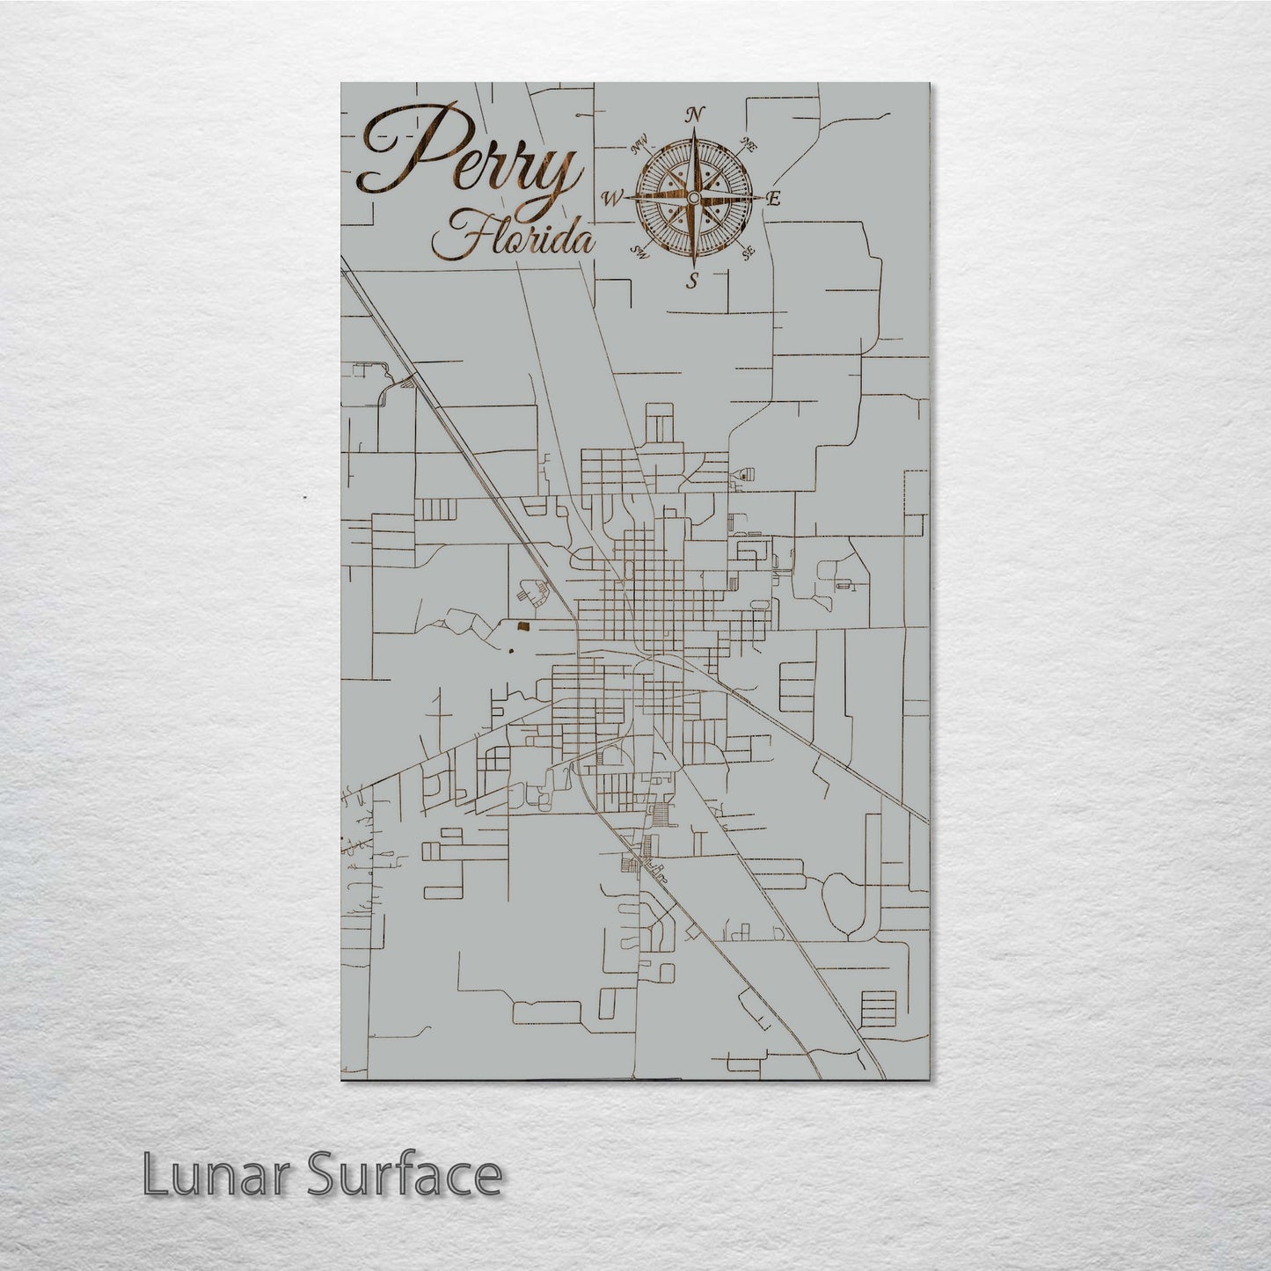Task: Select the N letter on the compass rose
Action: [x=695, y=114]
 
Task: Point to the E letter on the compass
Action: [x=774, y=199]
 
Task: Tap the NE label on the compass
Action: [x=750, y=143]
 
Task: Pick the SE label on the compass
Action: [x=749, y=253]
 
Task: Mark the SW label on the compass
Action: [x=639, y=253]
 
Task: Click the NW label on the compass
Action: [x=640, y=142]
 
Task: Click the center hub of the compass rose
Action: [x=694, y=197]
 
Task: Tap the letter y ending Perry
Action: [x=557, y=180]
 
